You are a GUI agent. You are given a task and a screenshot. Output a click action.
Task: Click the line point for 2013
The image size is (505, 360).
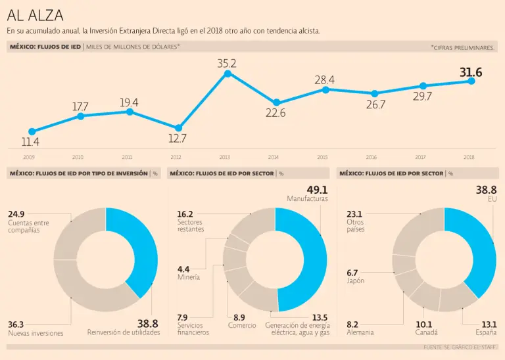(x=228, y=74)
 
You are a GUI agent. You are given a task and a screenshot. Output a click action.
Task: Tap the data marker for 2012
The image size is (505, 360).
(x=178, y=128)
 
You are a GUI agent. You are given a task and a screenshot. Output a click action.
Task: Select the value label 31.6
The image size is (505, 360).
(x=470, y=72)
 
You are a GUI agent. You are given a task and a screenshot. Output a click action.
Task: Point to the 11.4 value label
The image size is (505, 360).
(x=30, y=142)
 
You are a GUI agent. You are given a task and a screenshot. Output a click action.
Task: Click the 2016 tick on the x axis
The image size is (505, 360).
(x=372, y=158)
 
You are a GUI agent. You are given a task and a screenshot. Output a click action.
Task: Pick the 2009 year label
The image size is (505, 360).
(x=29, y=158)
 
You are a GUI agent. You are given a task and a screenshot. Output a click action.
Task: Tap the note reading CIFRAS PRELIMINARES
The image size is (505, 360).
(x=464, y=48)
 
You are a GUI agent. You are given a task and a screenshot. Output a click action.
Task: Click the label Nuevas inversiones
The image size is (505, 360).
(x=36, y=333)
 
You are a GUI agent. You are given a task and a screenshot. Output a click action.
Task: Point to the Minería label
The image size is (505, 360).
(x=188, y=277)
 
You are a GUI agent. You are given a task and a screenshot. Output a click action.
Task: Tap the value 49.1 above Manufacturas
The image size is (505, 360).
(x=317, y=190)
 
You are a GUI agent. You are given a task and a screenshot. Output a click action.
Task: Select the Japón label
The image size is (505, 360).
(x=355, y=281)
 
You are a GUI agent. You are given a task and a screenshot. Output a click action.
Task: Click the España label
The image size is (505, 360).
(x=487, y=332)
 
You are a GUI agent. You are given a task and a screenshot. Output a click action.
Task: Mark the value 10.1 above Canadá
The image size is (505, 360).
(x=423, y=324)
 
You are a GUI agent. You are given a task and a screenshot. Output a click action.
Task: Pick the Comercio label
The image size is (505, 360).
(x=242, y=326)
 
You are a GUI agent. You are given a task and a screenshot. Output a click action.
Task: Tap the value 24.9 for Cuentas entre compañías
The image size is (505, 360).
(x=16, y=214)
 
